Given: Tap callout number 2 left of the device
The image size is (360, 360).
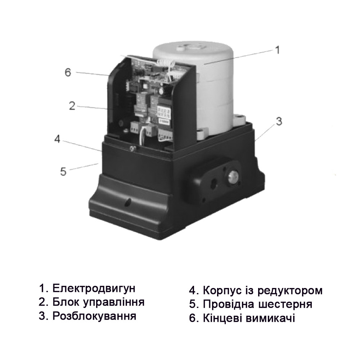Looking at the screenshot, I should click(72, 105).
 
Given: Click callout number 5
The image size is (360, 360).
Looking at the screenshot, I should click(63, 171).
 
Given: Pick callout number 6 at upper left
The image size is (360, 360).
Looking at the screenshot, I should click(68, 72).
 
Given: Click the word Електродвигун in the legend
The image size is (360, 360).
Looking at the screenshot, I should click(94, 288).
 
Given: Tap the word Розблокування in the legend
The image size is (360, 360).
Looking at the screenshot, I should click(94, 316).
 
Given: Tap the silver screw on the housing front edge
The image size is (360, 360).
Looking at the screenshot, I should click(133, 148).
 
